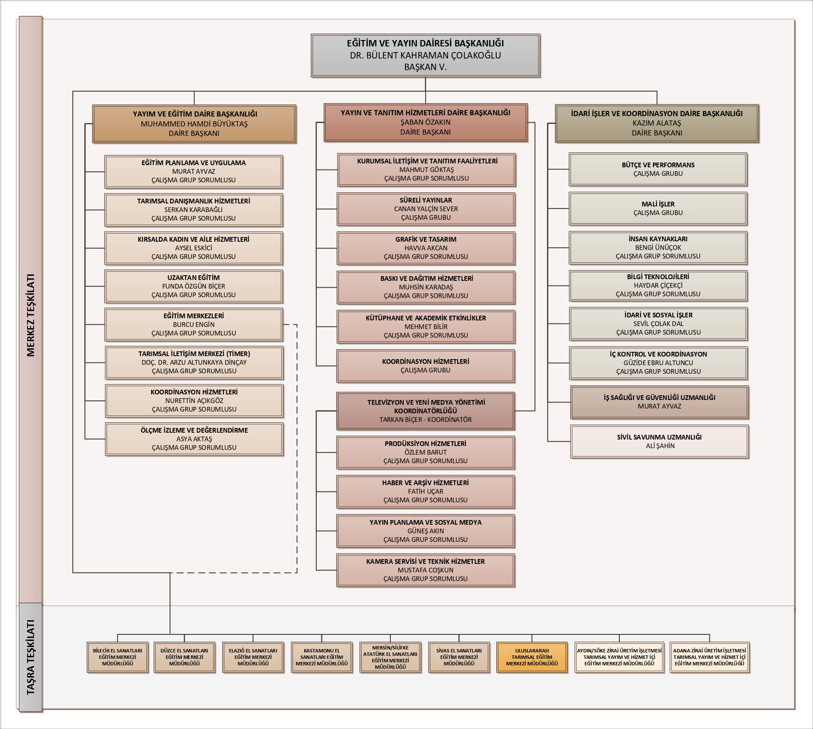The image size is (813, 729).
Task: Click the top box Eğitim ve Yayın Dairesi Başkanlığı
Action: [425, 55]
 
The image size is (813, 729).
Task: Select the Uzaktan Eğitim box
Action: [194, 286]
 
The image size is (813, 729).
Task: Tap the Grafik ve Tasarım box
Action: [426, 248]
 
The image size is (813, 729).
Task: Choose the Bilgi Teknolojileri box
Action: [658, 286]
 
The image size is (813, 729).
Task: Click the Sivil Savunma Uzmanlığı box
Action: [659, 441]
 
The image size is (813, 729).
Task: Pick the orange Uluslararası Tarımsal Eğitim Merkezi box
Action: [532, 657]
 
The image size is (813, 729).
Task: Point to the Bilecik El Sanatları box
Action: [117, 657]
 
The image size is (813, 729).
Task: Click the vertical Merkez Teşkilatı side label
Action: [31, 315]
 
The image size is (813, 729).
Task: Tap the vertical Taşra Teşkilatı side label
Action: [31, 656]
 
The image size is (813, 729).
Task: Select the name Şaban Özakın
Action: [426, 122]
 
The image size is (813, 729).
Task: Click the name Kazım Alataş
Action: [657, 123]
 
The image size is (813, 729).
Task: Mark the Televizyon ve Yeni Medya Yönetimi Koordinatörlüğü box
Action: [426, 411]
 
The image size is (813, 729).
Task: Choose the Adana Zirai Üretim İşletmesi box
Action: [709, 657]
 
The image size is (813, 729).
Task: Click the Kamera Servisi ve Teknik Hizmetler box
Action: [426, 570]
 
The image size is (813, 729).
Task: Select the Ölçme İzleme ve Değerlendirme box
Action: [194, 439]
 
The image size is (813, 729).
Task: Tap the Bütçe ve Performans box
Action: [658, 169]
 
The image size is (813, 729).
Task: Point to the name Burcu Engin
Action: [194, 324]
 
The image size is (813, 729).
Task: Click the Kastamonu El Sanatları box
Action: [321, 657]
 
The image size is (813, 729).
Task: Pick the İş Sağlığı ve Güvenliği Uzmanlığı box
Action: [659, 402]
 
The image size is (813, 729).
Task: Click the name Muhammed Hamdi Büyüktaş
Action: [194, 124]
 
